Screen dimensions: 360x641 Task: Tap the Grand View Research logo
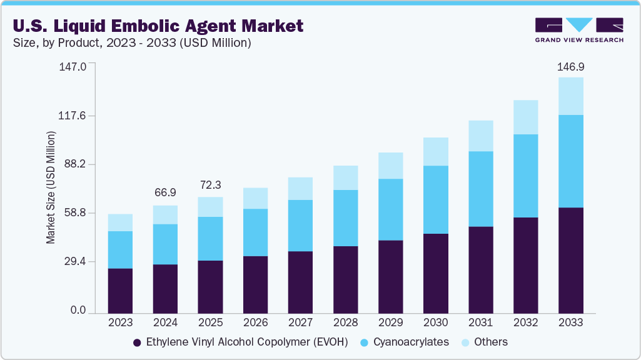579,29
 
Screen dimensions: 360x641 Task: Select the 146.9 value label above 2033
570,67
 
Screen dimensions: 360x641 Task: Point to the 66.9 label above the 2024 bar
165,193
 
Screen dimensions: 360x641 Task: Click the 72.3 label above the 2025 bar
210,185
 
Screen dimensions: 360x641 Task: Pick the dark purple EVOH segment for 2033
570,260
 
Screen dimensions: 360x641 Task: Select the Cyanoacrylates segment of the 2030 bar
435,199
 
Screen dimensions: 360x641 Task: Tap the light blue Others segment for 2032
525,117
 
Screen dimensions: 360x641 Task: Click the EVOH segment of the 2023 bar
120,291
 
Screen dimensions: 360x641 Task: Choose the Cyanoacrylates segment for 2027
300,226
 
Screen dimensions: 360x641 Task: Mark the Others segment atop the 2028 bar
345,177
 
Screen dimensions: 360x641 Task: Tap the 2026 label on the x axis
255,323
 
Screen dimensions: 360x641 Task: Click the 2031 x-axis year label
480,323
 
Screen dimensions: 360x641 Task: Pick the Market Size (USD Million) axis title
51,187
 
